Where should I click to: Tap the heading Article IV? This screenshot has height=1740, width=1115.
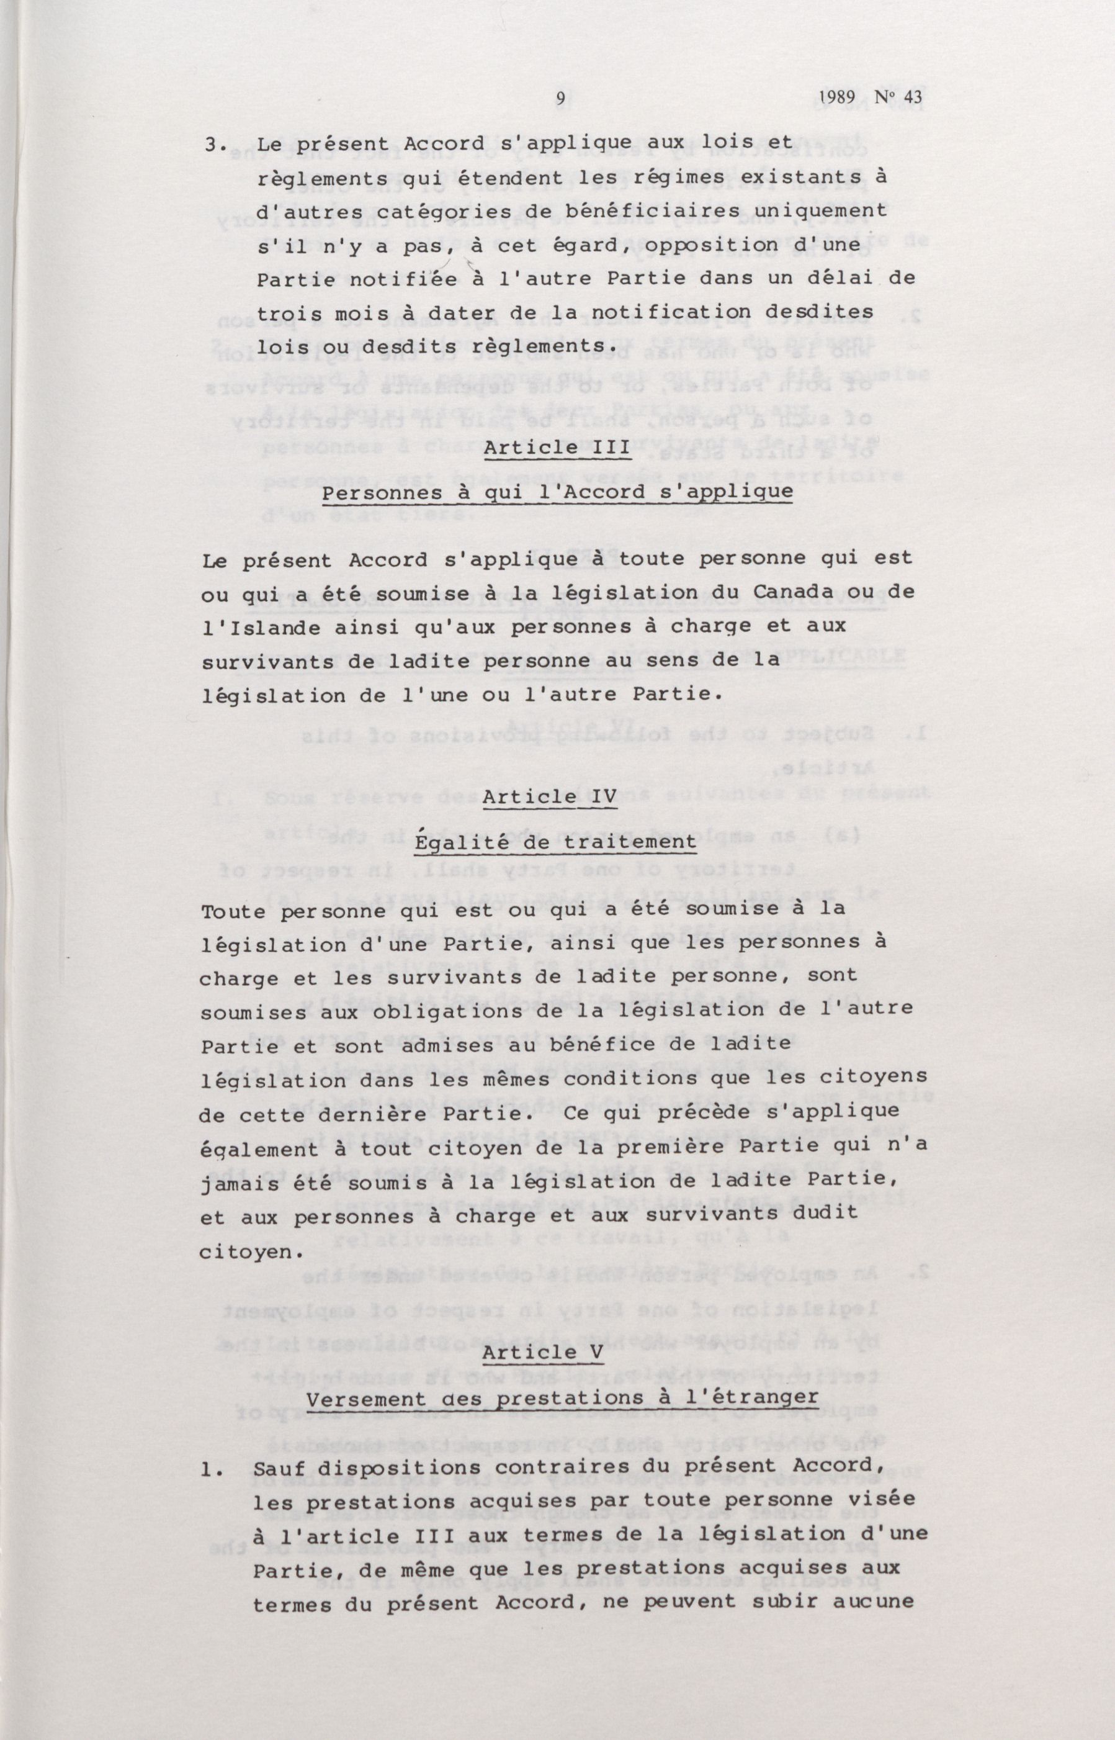[x=550, y=796]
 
